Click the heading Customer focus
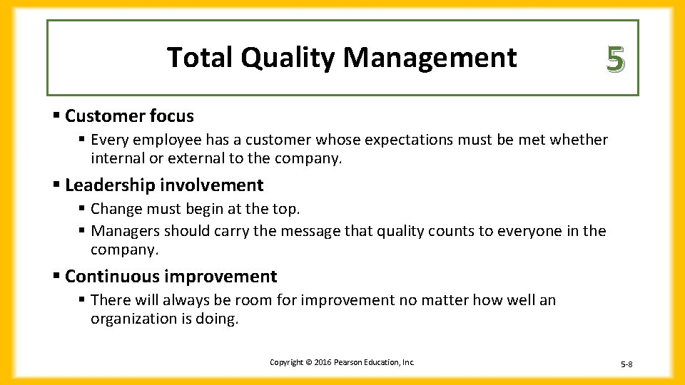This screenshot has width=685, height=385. (x=129, y=115)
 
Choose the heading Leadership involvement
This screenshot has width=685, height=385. (x=164, y=185)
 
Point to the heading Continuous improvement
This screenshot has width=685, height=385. (x=171, y=277)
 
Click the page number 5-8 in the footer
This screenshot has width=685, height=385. (x=626, y=364)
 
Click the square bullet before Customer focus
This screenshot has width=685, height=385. (x=56, y=115)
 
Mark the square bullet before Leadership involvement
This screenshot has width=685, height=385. (x=56, y=185)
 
